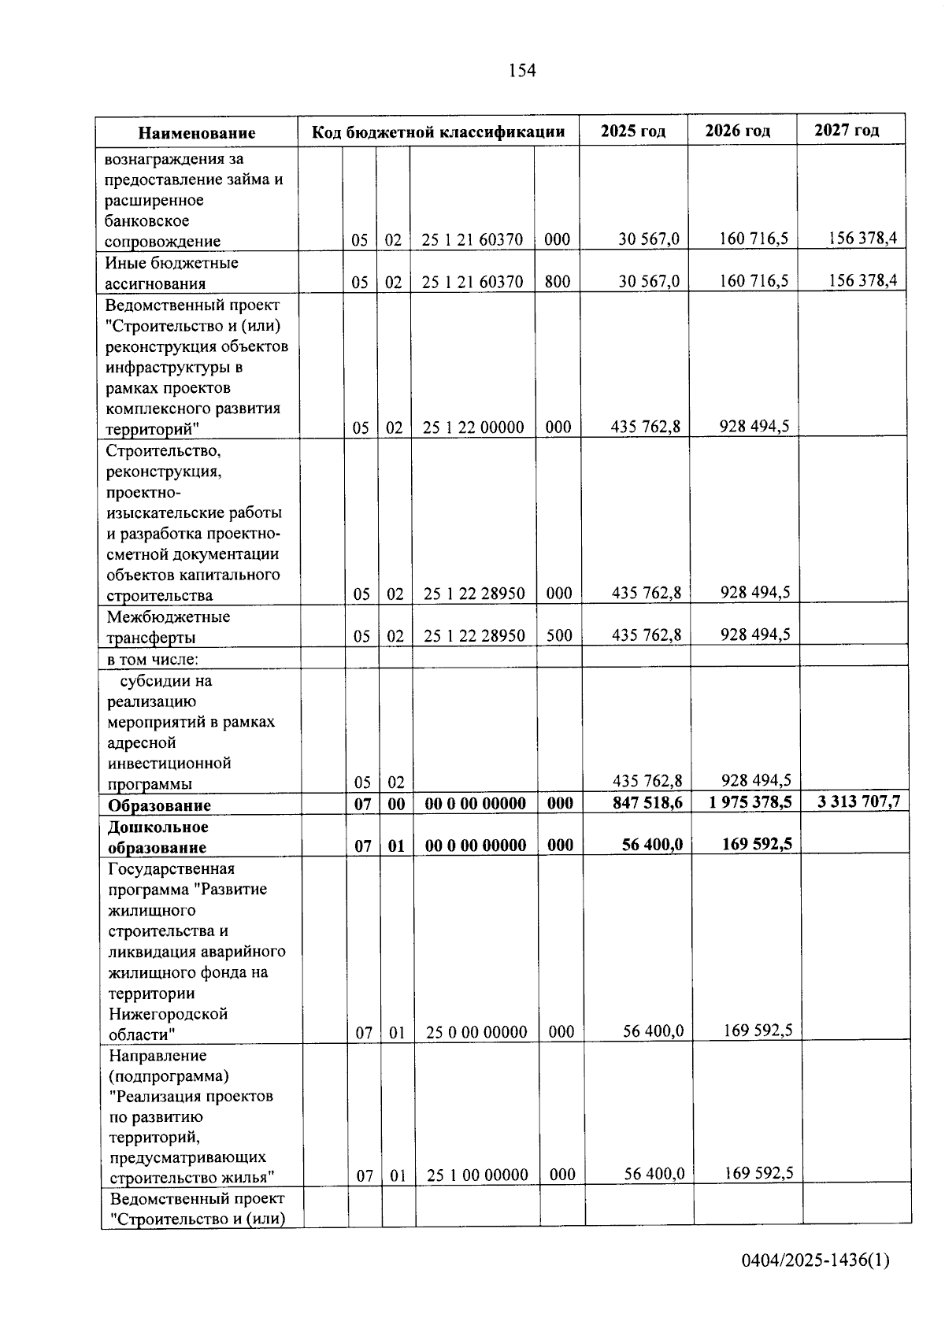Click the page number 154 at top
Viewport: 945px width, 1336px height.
pyautogui.click(x=522, y=71)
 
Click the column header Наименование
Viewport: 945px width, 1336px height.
pyautogui.click(x=197, y=133)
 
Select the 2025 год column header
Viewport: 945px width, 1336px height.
pyautogui.click(x=633, y=131)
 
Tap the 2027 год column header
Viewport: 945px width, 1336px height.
pyautogui.click(x=847, y=130)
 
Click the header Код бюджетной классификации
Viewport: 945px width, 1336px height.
pyautogui.click(x=439, y=131)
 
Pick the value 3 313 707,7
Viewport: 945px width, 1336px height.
pyautogui.click(x=858, y=802)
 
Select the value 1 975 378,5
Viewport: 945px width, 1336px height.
pyautogui.click(x=749, y=802)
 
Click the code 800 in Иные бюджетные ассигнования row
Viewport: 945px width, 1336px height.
pyautogui.click(x=558, y=281)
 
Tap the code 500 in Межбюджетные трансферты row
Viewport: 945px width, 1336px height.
pyautogui.click(x=559, y=635)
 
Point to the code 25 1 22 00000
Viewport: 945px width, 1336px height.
pyautogui.click(x=473, y=427)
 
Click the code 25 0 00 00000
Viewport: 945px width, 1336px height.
pyautogui.click(x=476, y=1032)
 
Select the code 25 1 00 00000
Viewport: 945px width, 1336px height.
pyautogui.click(x=477, y=1175)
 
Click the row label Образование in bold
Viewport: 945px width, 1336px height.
pyautogui.click(x=159, y=805)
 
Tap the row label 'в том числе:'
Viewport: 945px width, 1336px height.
pyautogui.click(x=153, y=659)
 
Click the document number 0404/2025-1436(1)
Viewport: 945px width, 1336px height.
pyautogui.click(x=815, y=1260)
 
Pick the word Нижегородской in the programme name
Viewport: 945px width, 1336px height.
pyautogui.click(x=168, y=1013)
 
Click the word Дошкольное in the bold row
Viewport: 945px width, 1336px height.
pyautogui.click(x=157, y=827)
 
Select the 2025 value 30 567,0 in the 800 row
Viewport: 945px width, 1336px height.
pyautogui.click(x=649, y=281)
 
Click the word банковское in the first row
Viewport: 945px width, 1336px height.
pyautogui.click(x=147, y=221)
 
